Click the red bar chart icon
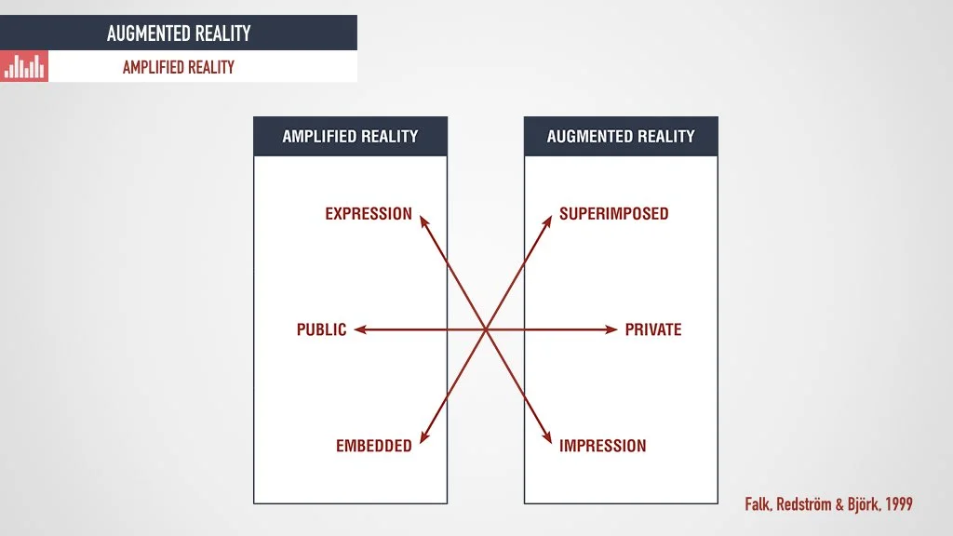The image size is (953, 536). pos(24,66)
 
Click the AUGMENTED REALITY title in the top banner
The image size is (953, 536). pos(179,33)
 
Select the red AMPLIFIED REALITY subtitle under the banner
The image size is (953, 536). pos(179,67)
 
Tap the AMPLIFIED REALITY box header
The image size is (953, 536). pos(350,136)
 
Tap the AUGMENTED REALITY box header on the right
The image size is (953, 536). pos(621,136)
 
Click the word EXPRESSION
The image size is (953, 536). pos(369,214)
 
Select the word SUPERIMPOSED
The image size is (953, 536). pos(613,214)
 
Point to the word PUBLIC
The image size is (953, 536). pos(321,329)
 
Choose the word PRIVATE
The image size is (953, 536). pos(653,329)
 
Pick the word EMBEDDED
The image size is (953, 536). pos(373,446)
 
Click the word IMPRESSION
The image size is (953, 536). pos(602,446)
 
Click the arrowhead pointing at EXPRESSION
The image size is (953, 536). pos(423,221)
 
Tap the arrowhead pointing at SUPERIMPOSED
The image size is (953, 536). pos(548,221)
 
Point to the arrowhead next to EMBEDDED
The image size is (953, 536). pos(423,438)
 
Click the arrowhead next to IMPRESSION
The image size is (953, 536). pos(548,438)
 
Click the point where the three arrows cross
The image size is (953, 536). pos(486,329)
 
